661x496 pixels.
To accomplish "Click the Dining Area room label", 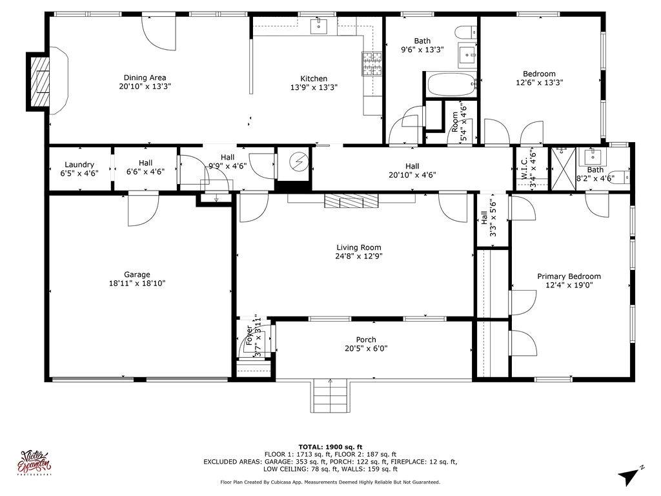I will click(x=145, y=77).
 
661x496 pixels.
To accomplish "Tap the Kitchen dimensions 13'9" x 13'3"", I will click(x=314, y=87).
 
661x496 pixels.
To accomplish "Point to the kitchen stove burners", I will click(x=372, y=63).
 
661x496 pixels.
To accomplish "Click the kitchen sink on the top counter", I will click(x=319, y=26).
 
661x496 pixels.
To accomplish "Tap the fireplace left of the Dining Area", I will click(x=39, y=81).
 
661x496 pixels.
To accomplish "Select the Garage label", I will click(x=137, y=274).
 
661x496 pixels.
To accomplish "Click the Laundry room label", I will click(x=79, y=164).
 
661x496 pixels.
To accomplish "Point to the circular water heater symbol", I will click(x=298, y=161).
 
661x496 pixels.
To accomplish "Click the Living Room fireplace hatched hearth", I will click(x=352, y=201).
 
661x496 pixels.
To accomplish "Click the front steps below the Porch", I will click(x=330, y=391).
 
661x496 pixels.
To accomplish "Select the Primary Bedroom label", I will click(x=569, y=276).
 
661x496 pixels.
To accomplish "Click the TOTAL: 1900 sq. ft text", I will click(x=330, y=447).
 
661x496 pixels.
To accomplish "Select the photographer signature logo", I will click(x=36, y=463).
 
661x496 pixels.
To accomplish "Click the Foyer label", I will click(x=249, y=336).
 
